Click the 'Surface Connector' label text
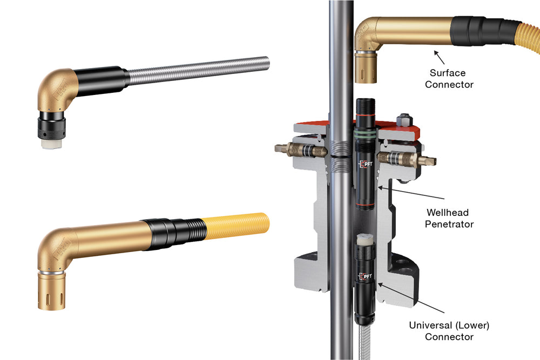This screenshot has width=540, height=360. point(449,78)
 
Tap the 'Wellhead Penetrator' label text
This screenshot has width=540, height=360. point(449,218)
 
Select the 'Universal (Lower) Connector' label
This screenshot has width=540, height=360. point(449,331)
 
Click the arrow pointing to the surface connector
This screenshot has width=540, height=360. point(439,57)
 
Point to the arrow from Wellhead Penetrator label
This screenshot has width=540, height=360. point(411,193)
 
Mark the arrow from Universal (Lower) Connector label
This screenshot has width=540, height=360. point(411,297)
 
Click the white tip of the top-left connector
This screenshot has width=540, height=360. point(51,144)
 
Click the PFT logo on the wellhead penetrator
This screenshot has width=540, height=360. point(366,164)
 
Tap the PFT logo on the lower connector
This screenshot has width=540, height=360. point(365,276)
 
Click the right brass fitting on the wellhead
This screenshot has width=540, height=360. point(407,159)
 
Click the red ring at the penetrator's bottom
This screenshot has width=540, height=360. point(365,205)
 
